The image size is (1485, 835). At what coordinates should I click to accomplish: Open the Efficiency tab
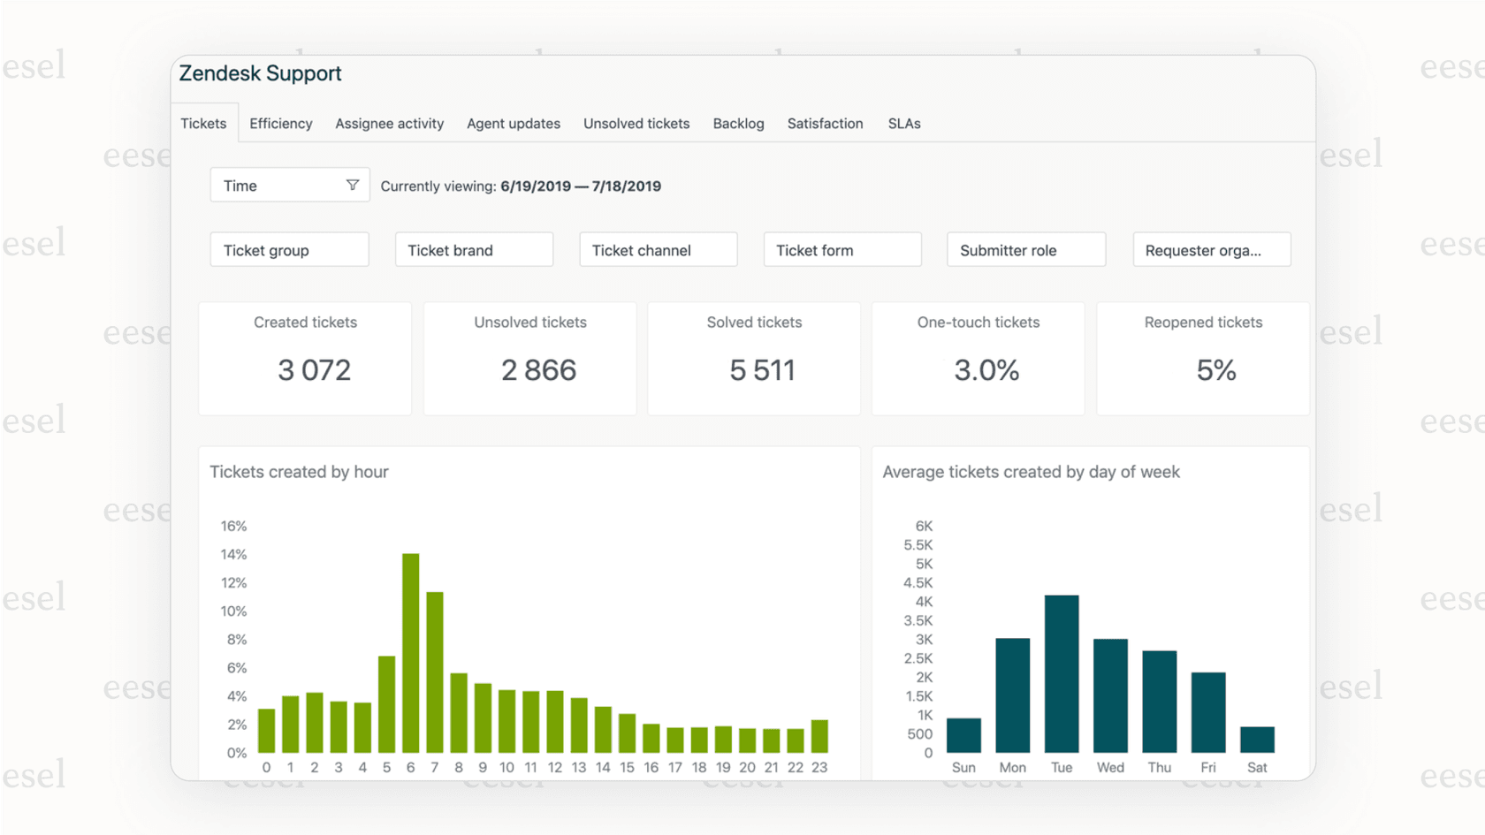point(280,124)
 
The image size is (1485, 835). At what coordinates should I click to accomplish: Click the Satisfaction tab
point(825,124)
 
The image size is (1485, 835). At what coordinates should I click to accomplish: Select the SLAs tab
point(903,124)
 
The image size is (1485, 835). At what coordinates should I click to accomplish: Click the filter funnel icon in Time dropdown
point(353,185)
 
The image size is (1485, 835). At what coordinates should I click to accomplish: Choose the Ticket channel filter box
point(658,250)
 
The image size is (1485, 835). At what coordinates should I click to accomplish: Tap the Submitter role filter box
point(1025,250)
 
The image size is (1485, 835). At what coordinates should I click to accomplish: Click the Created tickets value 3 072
point(314,370)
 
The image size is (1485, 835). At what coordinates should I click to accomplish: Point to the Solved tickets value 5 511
point(762,370)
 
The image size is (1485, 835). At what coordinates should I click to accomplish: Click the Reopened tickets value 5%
point(1215,370)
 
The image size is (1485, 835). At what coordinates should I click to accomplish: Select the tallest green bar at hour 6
point(410,654)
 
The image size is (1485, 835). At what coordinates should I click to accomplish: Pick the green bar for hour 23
point(819,736)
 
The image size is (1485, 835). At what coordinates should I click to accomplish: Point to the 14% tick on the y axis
point(233,555)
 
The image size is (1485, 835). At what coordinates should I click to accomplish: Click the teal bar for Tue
point(1061,673)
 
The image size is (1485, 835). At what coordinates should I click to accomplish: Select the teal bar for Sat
point(1256,740)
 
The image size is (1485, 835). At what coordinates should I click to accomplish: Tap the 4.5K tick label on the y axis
point(918,583)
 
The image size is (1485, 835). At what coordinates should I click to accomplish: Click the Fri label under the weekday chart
point(1207,768)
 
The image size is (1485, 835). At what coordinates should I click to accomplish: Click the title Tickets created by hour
point(299,472)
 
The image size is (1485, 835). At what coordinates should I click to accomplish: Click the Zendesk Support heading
point(260,73)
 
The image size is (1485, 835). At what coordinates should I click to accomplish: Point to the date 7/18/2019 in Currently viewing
point(626,186)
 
